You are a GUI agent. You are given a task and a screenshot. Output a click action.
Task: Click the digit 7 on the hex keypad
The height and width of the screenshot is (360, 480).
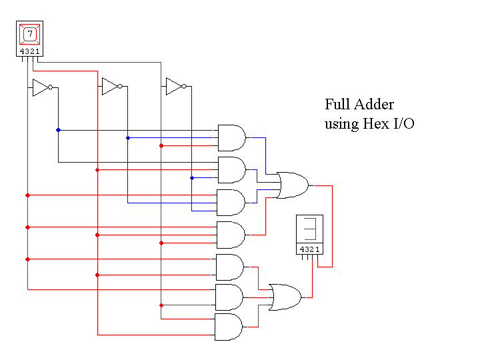pyautogui.click(x=29, y=33)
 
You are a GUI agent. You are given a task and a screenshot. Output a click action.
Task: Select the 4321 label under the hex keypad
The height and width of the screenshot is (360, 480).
pyautogui.click(x=29, y=51)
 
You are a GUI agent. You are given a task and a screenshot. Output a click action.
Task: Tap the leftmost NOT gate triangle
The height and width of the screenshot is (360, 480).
pyautogui.click(x=41, y=87)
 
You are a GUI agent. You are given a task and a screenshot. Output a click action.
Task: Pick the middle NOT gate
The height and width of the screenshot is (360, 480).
pyautogui.click(x=111, y=87)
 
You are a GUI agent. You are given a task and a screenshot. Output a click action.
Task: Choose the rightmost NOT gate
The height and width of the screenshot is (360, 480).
pyautogui.click(x=175, y=87)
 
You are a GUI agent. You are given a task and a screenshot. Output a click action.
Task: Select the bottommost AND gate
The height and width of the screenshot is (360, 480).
pyautogui.click(x=229, y=327)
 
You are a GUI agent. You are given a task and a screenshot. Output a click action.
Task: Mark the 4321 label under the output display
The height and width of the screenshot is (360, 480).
pyautogui.click(x=309, y=249)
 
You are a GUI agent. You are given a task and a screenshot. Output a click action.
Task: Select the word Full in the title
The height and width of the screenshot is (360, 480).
pyautogui.click(x=339, y=105)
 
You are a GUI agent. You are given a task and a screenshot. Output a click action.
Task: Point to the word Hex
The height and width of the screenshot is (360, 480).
pyautogui.click(x=375, y=124)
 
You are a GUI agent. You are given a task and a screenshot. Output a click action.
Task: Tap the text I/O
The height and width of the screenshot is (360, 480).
pyautogui.click(x=404, y=124)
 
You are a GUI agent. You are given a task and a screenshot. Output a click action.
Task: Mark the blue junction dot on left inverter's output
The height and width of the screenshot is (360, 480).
pyautogui.click(x=58, y=130)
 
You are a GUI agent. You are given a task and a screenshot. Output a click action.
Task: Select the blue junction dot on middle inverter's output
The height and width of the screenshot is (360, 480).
pyautogui.click(x=128, y=138)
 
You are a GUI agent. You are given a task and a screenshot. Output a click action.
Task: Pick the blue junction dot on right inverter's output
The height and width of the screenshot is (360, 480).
pyautogui.click(x=192, y=178)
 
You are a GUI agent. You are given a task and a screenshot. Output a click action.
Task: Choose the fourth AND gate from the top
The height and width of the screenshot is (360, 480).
pyautogui.click(x=231, y=235)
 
